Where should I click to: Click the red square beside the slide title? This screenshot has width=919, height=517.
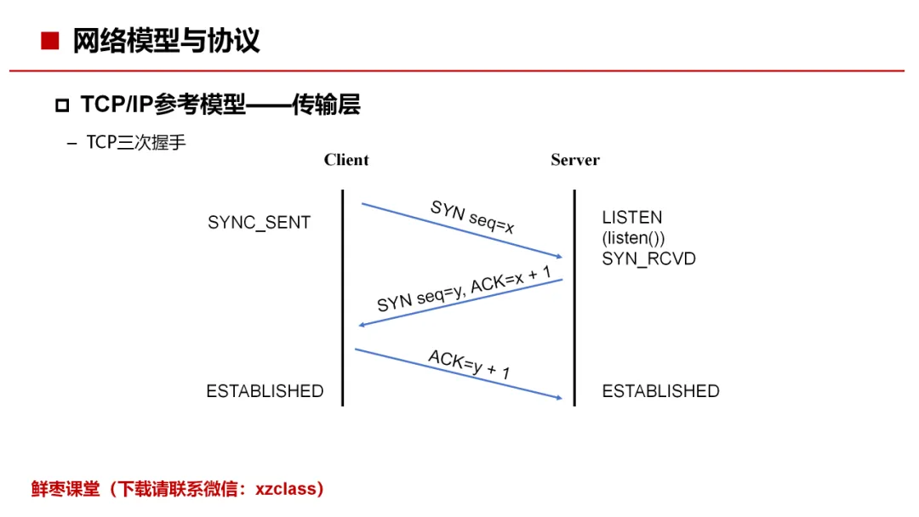tap(50, 41)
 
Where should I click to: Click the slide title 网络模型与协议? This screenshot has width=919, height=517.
tap(166, 41)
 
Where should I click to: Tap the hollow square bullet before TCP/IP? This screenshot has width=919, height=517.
tap(62, 105)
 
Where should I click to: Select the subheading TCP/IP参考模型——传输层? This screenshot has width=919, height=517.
tap(220, 105)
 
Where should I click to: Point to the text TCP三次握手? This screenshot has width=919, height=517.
tap(136, 142)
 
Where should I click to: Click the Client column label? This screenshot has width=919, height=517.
tap(346, 160)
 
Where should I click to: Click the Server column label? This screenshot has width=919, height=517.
tap(575, 160)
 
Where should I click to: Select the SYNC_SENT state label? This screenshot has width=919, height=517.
tap(259, 223)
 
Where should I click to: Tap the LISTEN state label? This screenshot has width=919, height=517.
tap(631, 218)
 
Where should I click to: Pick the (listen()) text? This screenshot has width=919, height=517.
tap(634, 238)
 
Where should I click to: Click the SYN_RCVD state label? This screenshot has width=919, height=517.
tap(648, 258)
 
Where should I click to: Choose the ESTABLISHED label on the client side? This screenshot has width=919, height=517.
tap(265, 391)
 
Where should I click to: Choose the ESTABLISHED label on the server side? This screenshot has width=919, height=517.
tap(660, 391)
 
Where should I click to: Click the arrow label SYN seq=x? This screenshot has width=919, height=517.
tap(472, 217)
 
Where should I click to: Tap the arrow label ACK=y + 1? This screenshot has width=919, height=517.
tap(469, 364)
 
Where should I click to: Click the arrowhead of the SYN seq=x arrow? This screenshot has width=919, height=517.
tap(559, 256)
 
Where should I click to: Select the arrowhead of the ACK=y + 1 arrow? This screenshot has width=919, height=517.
tap(559, 398)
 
